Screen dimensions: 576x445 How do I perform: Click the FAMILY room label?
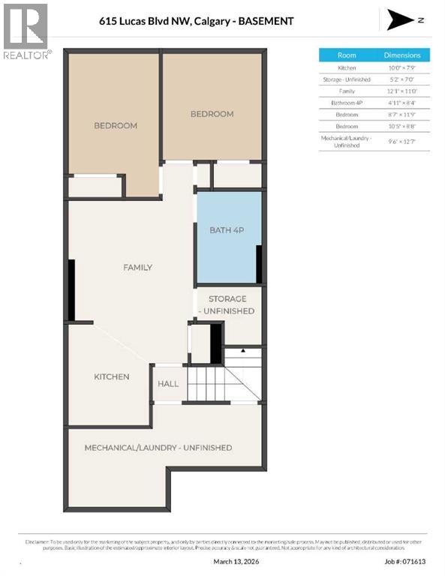[x=137, y=267]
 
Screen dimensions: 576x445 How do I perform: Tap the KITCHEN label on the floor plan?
[x=111, y=376]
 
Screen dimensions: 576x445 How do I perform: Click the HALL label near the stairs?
[x=168, y=383]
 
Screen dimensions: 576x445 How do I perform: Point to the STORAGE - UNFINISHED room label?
[x=227, y=304]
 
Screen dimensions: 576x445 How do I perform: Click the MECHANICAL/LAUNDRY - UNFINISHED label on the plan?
[x=158, y=448]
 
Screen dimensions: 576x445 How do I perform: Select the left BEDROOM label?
[x=115, y=125]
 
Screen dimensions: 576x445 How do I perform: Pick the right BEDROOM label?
[x=212, y=114]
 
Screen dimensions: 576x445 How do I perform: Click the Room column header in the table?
[x=347, y=55]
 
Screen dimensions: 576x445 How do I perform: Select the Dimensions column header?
[x=402, y=55]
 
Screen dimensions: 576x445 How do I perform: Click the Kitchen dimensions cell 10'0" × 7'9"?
[x=402, y=67]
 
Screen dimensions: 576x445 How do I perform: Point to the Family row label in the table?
[x=347, y=90]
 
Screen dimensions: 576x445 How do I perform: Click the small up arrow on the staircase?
[x=243, y=350]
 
